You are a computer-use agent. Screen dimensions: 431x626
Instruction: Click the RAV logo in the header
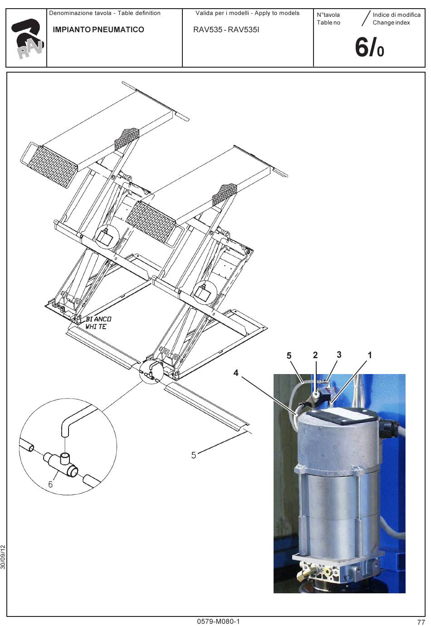(x=27, y=39)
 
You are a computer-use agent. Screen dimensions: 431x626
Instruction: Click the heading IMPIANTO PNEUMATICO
(x=98, y=30)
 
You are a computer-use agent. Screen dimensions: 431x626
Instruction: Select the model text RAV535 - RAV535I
(x=226, y=30)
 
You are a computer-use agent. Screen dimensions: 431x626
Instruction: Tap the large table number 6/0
(x=369, y=47)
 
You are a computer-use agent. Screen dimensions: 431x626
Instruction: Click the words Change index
(x=391, y=23)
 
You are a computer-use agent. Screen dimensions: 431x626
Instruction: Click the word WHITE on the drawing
(x=96, y=326)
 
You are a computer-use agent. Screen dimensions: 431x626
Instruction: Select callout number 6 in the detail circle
(x=50, y=484)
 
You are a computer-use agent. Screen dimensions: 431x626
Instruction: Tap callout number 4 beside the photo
(x=236, y=373)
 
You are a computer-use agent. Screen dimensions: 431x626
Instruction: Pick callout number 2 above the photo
(x=315, y=355)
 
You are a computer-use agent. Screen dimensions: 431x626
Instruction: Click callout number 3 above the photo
(x=339, y=355)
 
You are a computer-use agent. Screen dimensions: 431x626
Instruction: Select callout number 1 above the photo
(x=370, y=355)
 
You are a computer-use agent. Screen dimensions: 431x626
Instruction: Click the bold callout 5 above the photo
(x=289, y=355)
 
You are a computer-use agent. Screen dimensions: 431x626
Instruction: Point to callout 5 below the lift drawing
(x=194, y=455)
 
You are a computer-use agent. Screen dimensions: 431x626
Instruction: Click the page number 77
(x=421, y=622)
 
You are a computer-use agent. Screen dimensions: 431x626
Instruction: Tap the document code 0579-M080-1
(x=218, y=621)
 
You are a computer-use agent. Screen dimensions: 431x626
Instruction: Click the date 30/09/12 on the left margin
(x=3, y=557)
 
